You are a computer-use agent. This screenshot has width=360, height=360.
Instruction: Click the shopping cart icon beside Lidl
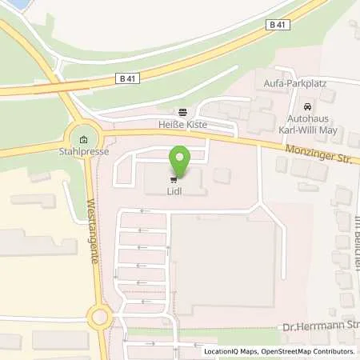pyautogui.click(x=174, y=180)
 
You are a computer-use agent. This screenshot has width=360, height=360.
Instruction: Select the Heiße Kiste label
pyautogui.click(x=182, y=126)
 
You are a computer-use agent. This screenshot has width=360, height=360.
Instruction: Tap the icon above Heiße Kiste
pyautogui.click(x=182, y=113)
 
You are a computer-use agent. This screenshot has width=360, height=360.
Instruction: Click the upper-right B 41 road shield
pyautogui.click(x=278, y=25)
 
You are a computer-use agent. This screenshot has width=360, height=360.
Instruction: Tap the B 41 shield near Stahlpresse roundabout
pyautogui.click(x=126, y=78)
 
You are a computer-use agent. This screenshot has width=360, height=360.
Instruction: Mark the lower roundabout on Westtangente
pyautogui.click(x=101, y=317)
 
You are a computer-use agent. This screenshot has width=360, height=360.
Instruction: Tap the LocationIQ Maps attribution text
pyautogui.click(x=228, y=351)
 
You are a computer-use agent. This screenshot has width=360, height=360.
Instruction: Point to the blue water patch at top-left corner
pyautogui.click(x=14, y=5)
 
